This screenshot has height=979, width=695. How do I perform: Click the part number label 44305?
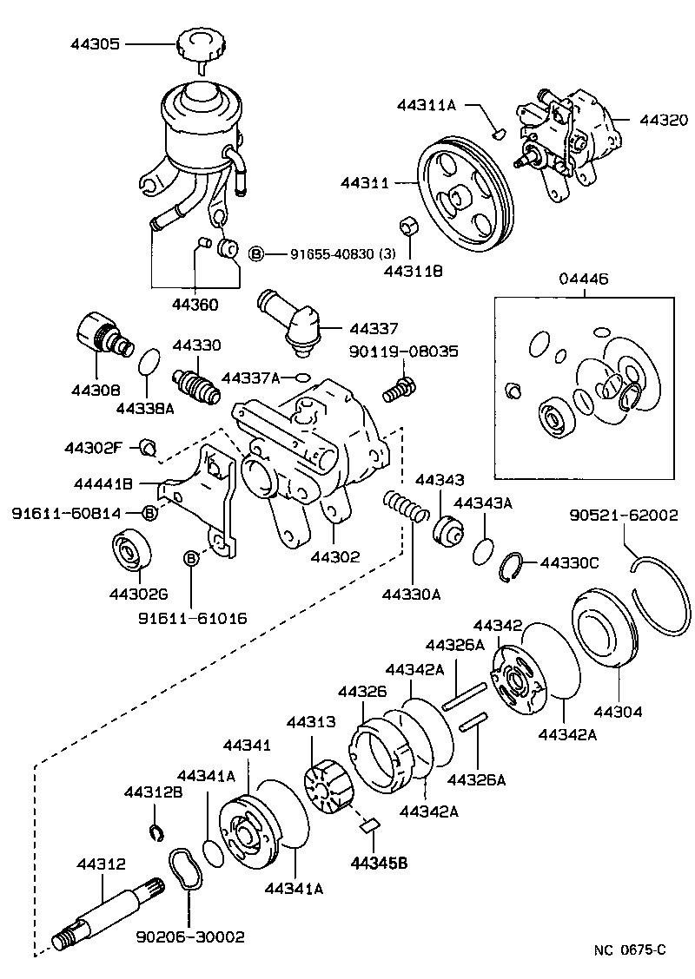click(95, 43)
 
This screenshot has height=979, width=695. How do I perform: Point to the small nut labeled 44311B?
click(408, 227)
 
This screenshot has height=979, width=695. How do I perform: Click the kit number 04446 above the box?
click(584, 279)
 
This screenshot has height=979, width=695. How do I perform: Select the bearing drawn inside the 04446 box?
click(554, 419)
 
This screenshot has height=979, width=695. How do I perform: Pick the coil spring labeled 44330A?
click(407, 507)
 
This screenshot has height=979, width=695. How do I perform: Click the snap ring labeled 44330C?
click(515, 565)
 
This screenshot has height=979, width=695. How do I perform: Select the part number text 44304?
click(618, 712)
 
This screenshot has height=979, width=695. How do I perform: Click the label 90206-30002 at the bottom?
click(190, 937)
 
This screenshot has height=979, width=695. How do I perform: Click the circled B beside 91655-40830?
click(255, 253)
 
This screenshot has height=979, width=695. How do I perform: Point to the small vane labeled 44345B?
click(369, 825)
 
